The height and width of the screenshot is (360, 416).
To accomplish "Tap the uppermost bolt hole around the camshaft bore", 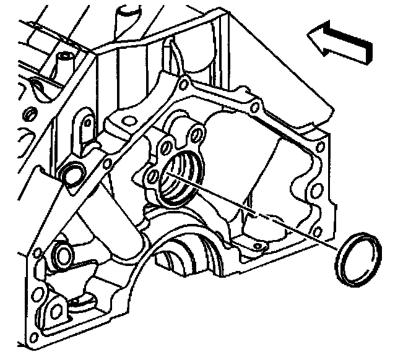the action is [x=196, y=134].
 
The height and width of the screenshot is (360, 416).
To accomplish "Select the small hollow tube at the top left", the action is [x=64, y=61].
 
